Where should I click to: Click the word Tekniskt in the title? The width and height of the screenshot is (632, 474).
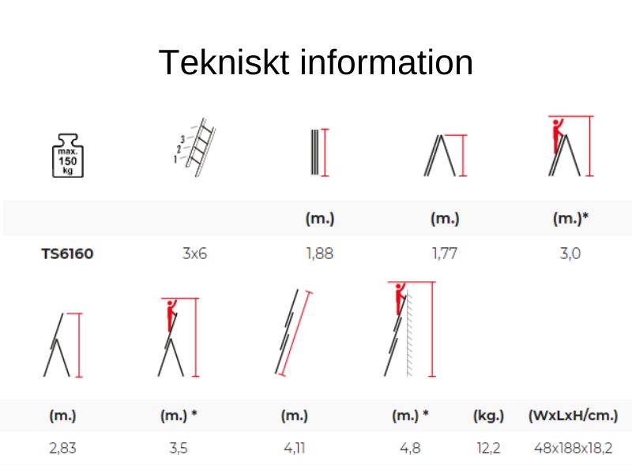point(224,62)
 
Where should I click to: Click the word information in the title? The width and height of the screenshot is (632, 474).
point(386,62)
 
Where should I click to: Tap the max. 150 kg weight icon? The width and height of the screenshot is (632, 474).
point(68,156)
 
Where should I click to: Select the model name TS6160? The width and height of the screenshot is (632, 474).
point(67,254)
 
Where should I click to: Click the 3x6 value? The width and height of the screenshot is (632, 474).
point(194,254)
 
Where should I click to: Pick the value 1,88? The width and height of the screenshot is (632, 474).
point(320,254)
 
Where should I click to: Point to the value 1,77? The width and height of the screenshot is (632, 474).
point(445,254)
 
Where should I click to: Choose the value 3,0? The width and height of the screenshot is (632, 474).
point(570,254)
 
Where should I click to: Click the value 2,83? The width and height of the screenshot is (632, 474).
point(62,448)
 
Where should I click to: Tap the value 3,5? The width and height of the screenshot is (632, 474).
point(179,448)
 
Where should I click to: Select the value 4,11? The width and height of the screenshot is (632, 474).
point(294,448)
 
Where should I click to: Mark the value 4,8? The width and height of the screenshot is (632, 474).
point(410,448)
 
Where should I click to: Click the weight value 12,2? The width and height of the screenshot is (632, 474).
point(488,448)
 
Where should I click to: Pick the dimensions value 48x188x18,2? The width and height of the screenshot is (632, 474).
point(573,448)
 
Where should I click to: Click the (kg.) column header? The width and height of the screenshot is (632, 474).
point(488,416)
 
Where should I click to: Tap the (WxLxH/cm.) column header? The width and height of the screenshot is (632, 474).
point(573,416)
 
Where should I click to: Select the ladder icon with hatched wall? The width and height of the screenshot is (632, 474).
point(410,329)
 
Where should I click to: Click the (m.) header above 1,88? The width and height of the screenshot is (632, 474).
point(320,219)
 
